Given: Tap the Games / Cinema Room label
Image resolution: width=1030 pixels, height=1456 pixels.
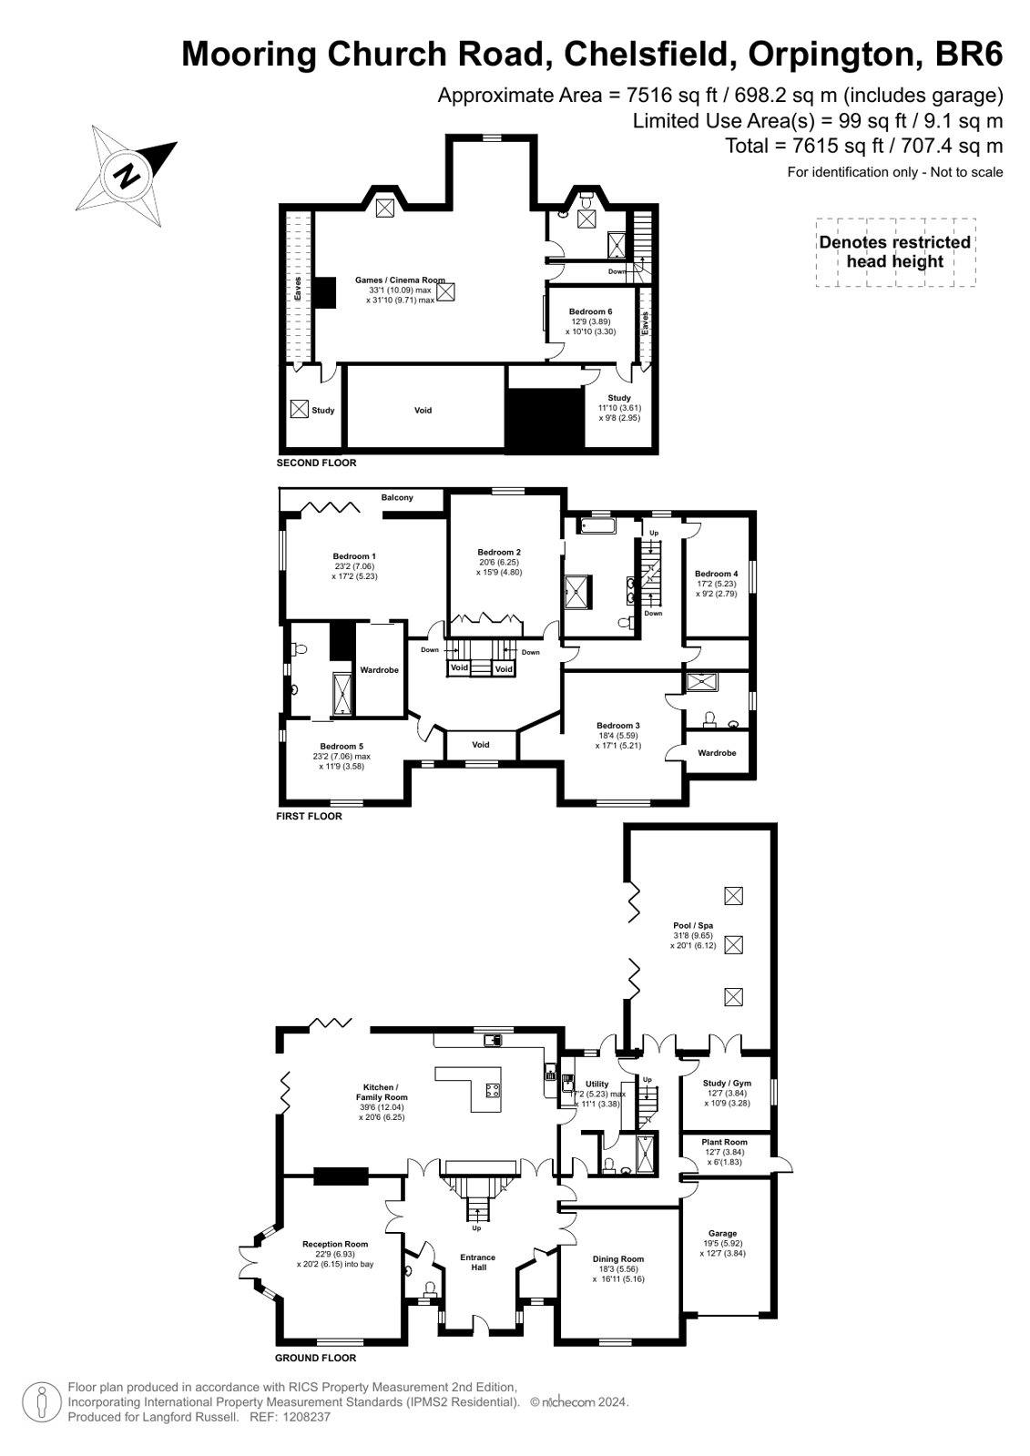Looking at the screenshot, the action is (x=400, y=280).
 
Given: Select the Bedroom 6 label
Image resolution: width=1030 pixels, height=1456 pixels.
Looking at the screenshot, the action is (x=590, y=311).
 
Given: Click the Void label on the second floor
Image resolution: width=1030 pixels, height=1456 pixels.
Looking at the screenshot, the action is (x=423, y=410).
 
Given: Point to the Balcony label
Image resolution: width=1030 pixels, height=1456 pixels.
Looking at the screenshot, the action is (x=397, y=497).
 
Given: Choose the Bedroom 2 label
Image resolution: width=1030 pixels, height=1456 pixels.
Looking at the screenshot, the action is (x=499, y=552).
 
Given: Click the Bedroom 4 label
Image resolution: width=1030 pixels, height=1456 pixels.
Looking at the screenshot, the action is (x=716, y=574).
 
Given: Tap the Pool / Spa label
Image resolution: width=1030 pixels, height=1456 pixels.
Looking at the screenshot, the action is (x=693, y=925).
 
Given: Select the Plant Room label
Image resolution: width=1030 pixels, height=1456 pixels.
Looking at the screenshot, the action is (x=724, y=1142).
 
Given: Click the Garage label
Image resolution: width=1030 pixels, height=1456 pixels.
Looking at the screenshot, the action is (x=722, y=1233).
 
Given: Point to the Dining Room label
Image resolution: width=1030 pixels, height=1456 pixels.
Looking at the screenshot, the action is (x=617, y=1258).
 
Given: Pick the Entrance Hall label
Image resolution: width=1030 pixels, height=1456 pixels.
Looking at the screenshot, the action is (x=478, y=1262).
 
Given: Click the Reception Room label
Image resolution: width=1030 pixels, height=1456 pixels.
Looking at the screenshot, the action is (x=335, y=1244).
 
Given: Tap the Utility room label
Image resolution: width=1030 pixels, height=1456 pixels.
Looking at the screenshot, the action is (x=597, y=1084).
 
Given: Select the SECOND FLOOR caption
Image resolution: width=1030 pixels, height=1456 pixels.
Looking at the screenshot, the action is (x=316, y=463).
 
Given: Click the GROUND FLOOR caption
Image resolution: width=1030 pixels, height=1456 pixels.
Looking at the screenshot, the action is (x=315, y=1358).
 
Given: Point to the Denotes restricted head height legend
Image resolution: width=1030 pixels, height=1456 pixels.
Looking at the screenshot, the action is (x=895, y=251).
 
